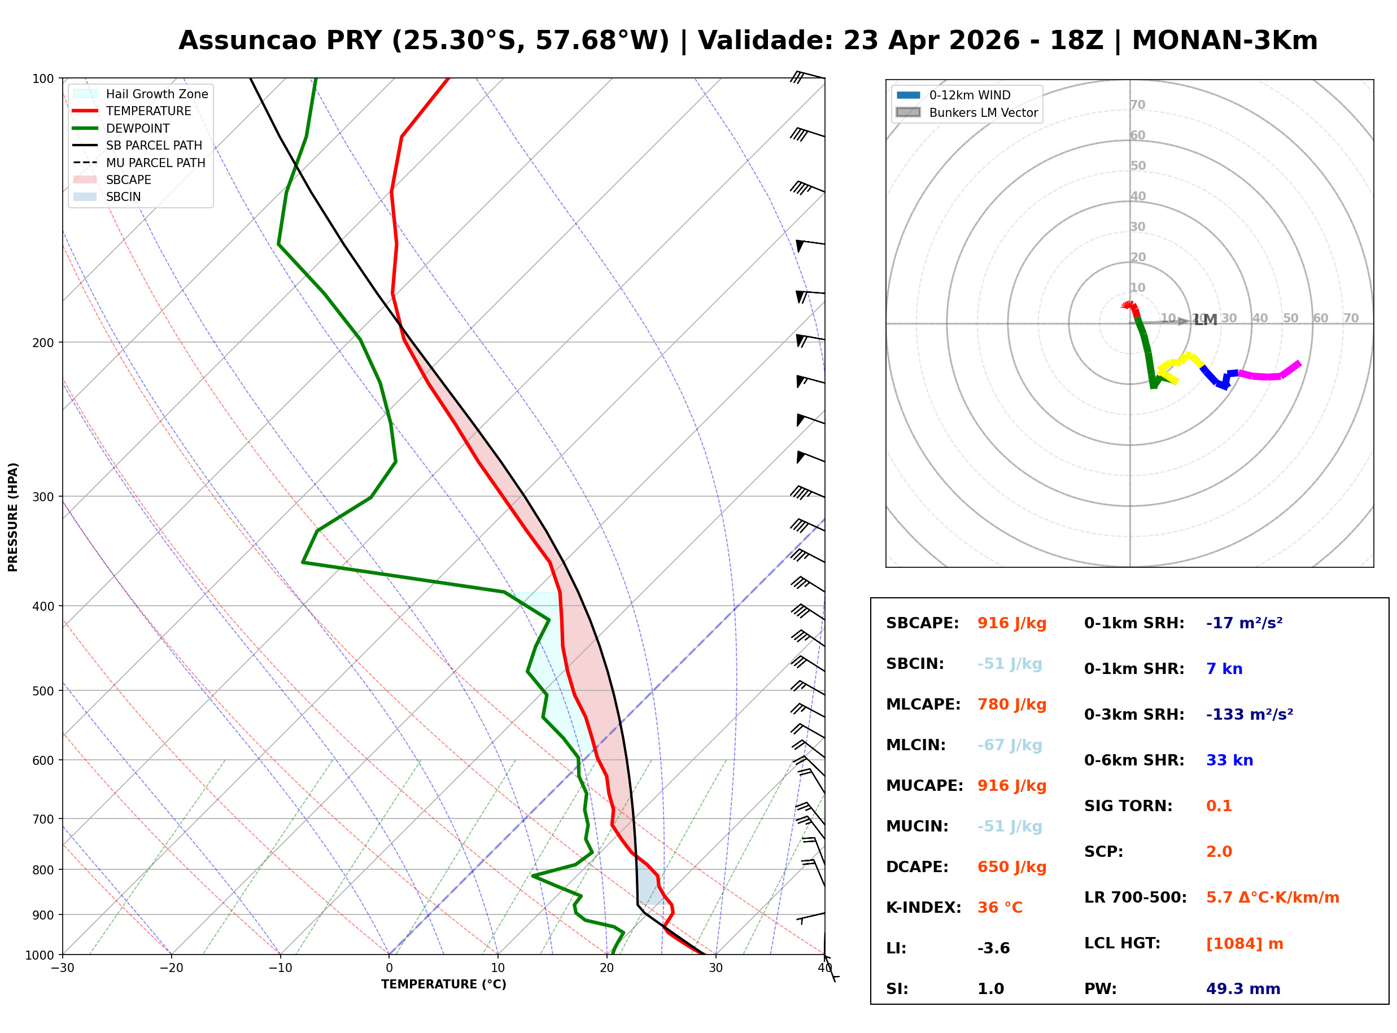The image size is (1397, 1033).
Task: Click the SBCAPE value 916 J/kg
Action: coord(1012,623)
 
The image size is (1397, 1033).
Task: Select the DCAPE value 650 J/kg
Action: coord(1012,867)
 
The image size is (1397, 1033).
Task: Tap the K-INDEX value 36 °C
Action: coord(1000,908)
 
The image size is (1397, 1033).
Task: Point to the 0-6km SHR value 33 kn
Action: coord(1229,760)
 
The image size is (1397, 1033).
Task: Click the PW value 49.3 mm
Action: coord(1243,989)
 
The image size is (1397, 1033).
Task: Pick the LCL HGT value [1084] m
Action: coord(1245,944)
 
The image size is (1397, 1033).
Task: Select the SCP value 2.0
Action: coord(1219,852)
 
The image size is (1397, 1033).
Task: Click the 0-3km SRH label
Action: coord(1134,715)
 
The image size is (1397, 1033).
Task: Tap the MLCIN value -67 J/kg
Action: coord(1009,745)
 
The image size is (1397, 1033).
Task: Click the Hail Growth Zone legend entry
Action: coord(156,94)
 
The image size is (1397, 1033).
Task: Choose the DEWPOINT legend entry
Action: coord(138,129)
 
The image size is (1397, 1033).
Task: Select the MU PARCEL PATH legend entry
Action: coord(155,163)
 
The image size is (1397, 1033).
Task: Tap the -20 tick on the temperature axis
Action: coord(171,969)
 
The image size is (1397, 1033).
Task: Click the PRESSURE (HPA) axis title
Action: coord(13,517)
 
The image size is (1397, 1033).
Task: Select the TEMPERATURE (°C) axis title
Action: coord(443,985)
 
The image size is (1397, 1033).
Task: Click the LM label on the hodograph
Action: coord(1205,321)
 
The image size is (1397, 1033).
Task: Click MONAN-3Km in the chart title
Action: coord(1224,41)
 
